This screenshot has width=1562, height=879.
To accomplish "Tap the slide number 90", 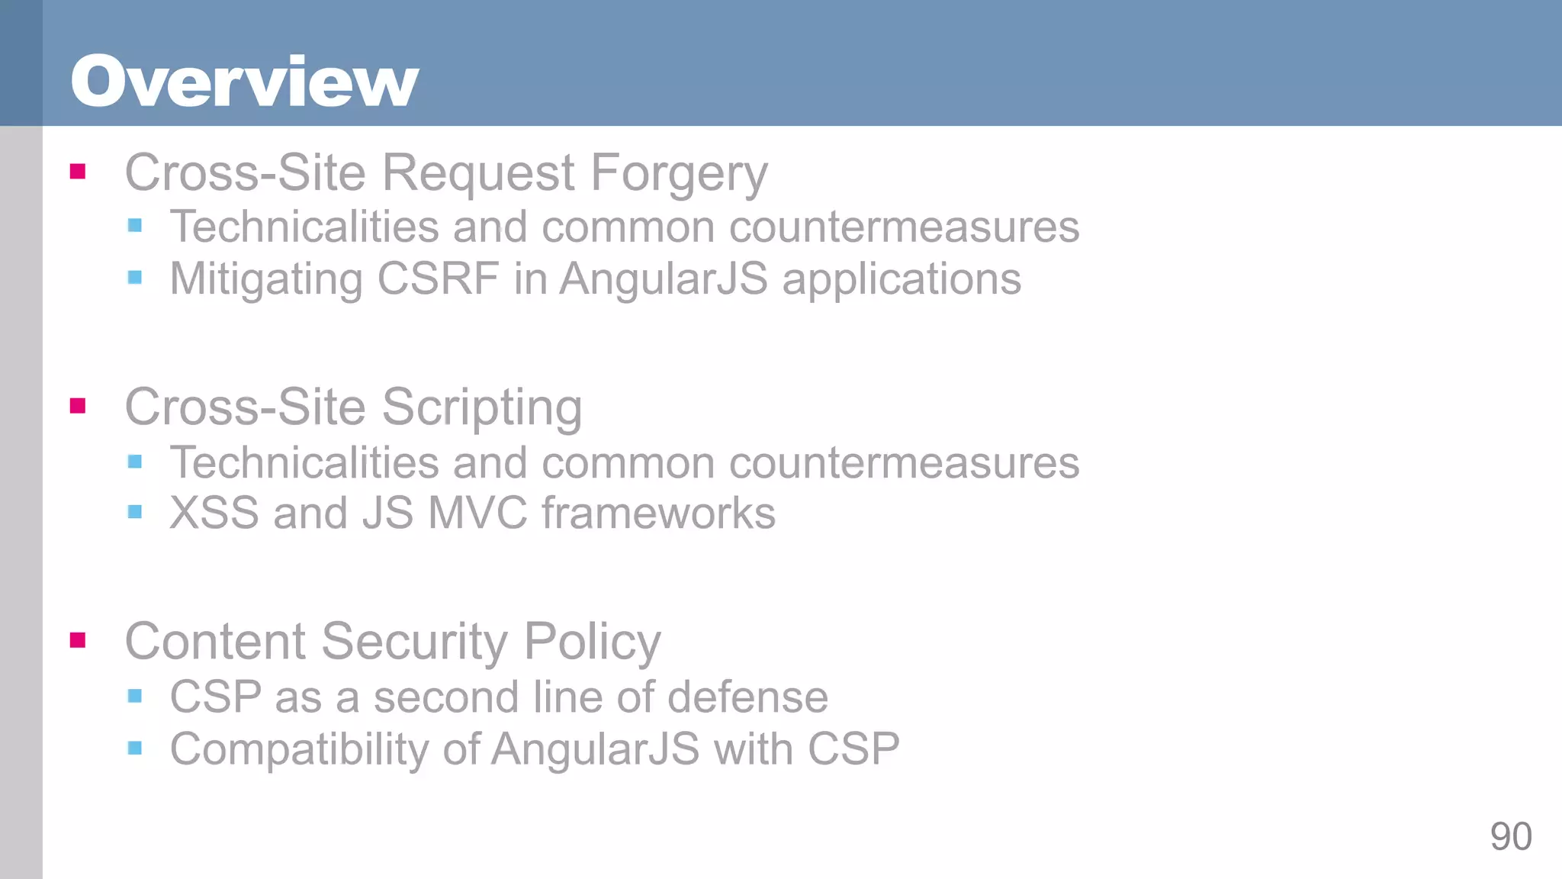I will coord(1510,836).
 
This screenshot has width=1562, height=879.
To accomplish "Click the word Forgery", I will coord(679,174).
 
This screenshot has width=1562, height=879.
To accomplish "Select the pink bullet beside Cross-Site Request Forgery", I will coord(78,171).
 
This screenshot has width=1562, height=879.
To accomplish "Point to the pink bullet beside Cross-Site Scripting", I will coord(78,405).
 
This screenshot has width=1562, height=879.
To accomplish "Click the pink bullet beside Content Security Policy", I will coord(78,639).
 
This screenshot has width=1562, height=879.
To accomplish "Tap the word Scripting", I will coord(482,408).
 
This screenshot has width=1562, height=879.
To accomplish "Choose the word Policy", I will coord(592,642).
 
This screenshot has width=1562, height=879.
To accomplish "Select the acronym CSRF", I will coord(438,279).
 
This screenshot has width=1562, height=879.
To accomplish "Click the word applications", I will coord(902,279).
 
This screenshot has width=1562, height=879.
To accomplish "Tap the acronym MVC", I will coord(477,513).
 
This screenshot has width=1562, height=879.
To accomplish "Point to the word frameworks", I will coord(658,513).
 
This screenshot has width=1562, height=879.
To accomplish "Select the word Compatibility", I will coord(299,749).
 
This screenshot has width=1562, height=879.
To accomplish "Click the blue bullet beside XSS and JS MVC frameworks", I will coord(135,512).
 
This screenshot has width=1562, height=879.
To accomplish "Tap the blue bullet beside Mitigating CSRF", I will coord(135,277).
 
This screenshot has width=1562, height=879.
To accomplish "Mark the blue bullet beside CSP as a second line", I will coord(135,695).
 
